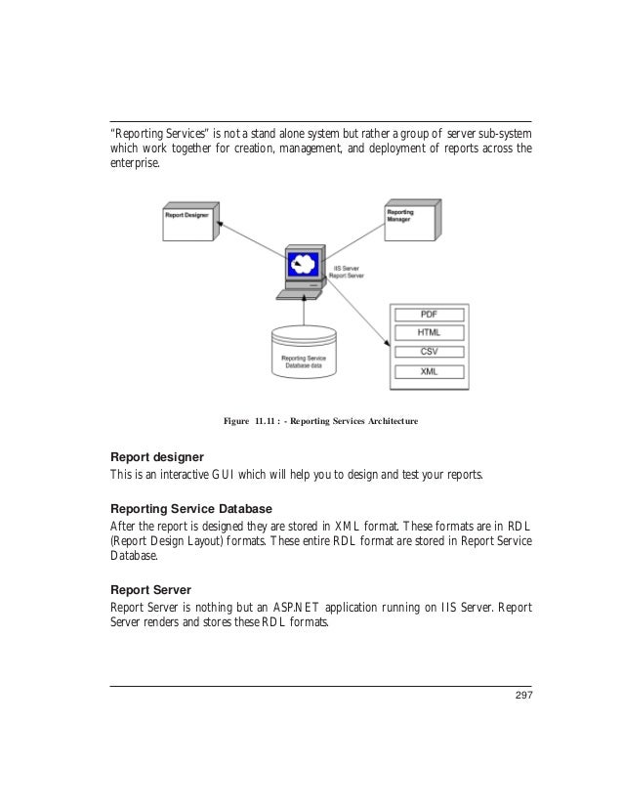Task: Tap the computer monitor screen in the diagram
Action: coord(303,264)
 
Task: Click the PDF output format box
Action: coord(428,315)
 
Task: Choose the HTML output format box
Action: coord(428,333)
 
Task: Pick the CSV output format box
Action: coord(428,352)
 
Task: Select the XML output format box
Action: coord(428,371)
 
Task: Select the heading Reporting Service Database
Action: coord(190,509)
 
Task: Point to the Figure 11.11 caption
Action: coord(320,421)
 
